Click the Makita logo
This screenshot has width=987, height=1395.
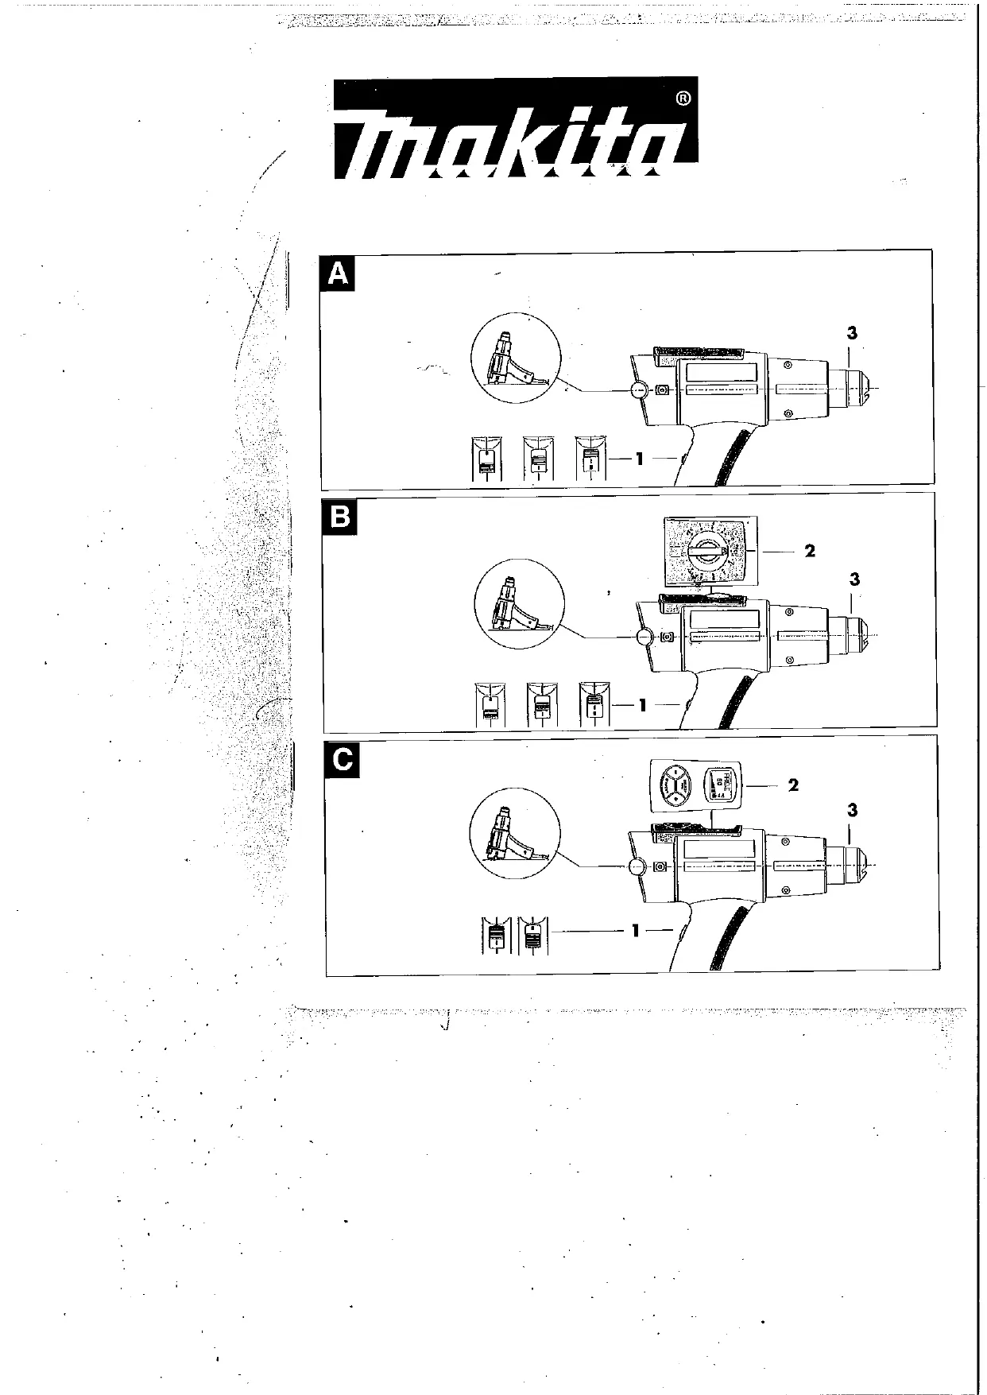pyautogui.click(x=515, y=128)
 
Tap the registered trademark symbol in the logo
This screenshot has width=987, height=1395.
pyautogui.click(x=683, y=99)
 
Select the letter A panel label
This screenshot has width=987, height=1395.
pyautogui.click(x=338, y=274)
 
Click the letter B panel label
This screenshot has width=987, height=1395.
pyautogui.click(x=339, y=517)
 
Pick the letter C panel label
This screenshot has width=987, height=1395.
pyautogui.click(x=343, y=760)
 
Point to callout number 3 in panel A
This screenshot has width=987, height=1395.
pyautogui.click(x=852, y=334)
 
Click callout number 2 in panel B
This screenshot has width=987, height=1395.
pyautogui.click(x=810, y=551)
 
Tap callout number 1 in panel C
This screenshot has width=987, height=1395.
pyautogui.click(x=635, y=930)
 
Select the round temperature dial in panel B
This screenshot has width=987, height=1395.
pyautogui.click(x=705, y=551)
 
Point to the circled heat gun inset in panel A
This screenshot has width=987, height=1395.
pyautogui.click(x=516, y=364)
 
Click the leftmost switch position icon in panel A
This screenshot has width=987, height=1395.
pyautogui.click(x=486, y=458)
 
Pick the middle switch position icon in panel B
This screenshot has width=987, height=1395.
pyautogui.click(x=542, y=704)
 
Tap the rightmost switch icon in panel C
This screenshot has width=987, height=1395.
pyautogui.click(x=532, y=936)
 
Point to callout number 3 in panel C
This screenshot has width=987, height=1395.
pyautogui.click(x=853, y=811)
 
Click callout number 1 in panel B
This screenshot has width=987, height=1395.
pyautogui.click(x=642, y=704)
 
